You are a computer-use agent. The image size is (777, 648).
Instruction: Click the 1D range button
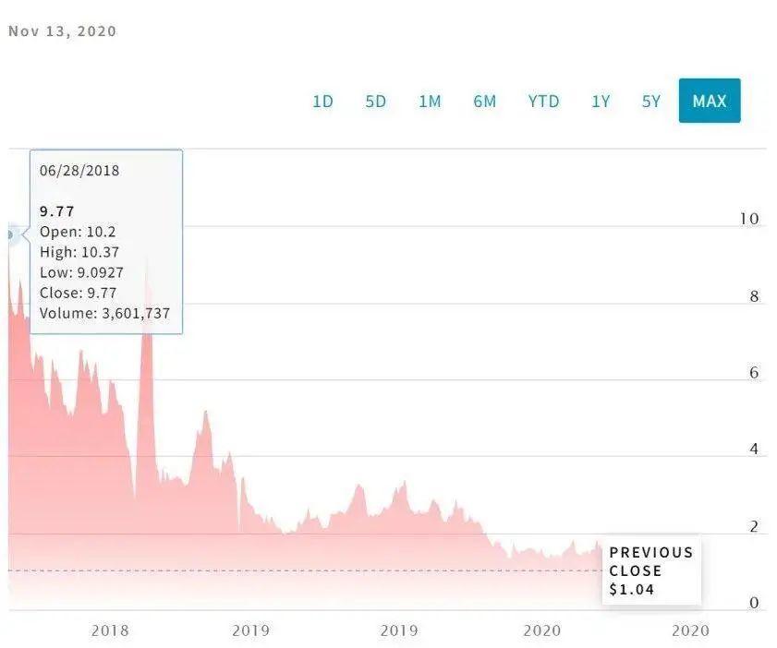(x=322, y=102)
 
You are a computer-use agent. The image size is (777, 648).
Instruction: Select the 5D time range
(x=376, y=102)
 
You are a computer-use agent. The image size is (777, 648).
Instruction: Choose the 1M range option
(x=430, y=102)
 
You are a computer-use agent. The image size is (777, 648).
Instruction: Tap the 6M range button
(x=485, y=102)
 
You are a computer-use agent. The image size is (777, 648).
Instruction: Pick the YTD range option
(x=543, y=102)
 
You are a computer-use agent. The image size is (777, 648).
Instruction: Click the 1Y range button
(x=601, y=102)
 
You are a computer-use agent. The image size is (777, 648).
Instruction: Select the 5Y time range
(x=651, y=102)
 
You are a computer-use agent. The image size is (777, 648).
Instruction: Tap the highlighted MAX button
(x=710, y=102)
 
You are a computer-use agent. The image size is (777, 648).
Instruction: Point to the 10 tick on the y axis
(x=749, y=220)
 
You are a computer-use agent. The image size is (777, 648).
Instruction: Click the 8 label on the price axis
(x=754, y=297)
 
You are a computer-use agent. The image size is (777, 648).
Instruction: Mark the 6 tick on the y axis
(x=754, y=374)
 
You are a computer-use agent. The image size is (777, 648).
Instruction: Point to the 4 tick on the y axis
(x=754, y=450)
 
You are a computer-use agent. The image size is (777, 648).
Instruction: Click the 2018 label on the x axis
(x=109, y=630)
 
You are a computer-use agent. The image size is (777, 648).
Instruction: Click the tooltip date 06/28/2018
(x=79, y=171)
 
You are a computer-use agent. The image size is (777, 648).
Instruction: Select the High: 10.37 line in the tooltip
(x=79, y=252)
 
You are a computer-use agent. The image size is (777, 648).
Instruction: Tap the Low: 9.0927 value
(x=83, y=272)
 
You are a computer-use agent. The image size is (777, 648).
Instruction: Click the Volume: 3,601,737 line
(x=105, y=313)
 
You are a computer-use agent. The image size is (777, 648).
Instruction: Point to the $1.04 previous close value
(x=632, y=589)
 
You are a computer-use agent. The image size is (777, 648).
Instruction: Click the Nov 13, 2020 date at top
(x=63, y=31)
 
